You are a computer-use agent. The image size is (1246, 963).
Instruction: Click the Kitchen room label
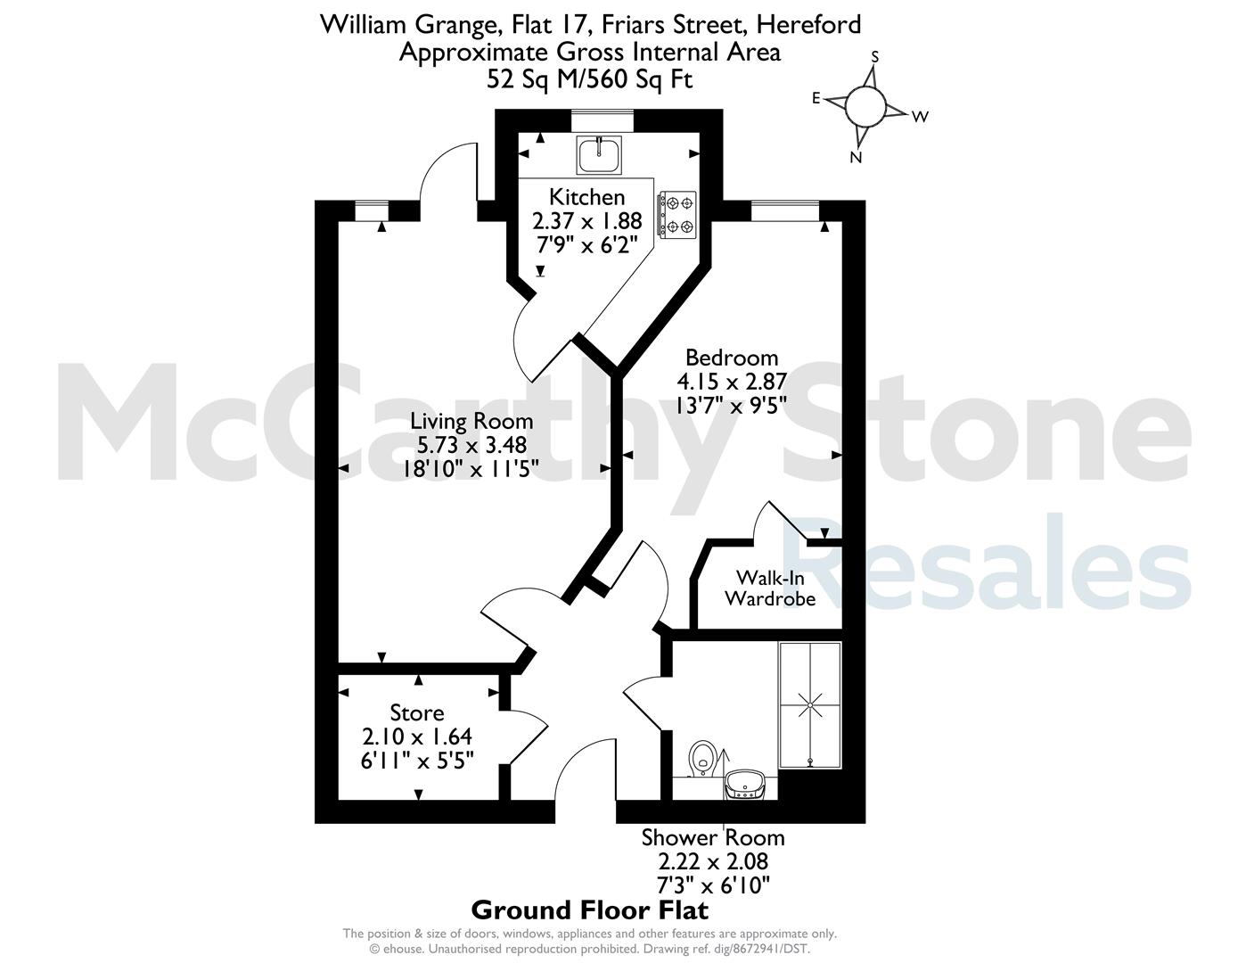coord(586,197)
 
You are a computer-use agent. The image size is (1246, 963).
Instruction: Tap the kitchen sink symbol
coord(599,154)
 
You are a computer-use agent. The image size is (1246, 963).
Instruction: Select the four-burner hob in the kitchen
coord(677,215)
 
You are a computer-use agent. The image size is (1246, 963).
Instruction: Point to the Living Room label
coord(471,422)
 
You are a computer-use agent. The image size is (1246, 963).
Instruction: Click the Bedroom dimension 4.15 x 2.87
coord(731,382)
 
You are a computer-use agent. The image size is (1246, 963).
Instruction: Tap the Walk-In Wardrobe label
coord(769,588)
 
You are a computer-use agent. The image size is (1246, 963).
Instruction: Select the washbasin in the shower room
coord(745,784)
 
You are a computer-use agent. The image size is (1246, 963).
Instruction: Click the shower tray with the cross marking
coord(810,705)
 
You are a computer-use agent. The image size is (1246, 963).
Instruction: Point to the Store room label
coord(417,713)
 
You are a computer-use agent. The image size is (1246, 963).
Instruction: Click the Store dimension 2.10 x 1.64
coord(417,736)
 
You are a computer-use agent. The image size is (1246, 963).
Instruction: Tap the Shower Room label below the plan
coord(713,838)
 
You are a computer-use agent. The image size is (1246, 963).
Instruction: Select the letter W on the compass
coord(920,117)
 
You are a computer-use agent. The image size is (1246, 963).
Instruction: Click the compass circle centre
coord(865,107)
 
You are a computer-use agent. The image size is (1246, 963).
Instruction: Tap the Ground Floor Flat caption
coord(589,909)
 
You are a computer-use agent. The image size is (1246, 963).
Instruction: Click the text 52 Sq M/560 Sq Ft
coord(589,78)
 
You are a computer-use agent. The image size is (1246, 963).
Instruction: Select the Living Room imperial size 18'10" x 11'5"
coord(471,469)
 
